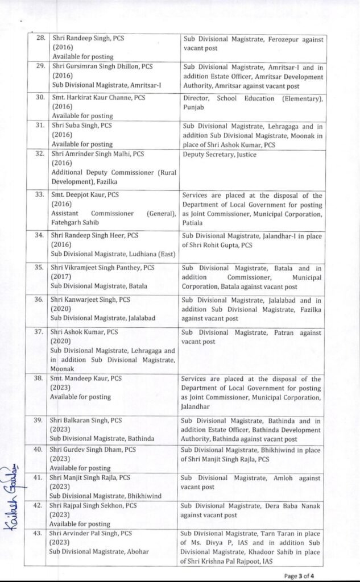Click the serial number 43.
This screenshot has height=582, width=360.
40,534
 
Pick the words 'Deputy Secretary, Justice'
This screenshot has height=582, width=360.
220,155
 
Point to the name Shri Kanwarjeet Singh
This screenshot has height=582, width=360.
85,300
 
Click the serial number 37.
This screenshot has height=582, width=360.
40,332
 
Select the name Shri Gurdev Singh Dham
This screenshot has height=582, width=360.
88,450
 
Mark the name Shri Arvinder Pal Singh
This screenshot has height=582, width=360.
86,534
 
